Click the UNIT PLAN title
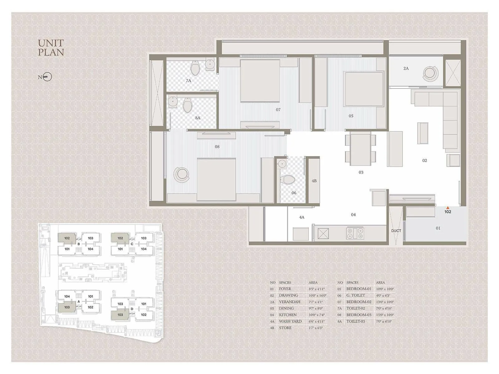pos(51,48)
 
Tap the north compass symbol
pos(47,77)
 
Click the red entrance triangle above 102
pos(448,208)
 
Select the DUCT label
pos(396,231)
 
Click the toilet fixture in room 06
pos(288,179)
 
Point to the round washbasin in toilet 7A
pos(210,64)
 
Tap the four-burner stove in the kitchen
pos(355,233)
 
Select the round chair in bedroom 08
pos(181,175)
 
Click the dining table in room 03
pos(360,149)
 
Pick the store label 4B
pos(314,181)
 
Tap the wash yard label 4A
pos(302,217)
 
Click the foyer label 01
pos(438,228)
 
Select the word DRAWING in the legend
pos(288,295)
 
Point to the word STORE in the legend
pos(285,328)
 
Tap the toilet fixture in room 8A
pos(187,105)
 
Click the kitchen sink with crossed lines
pos(323,233)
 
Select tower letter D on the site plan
pos(132,309)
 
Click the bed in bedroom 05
pos(364,89)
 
